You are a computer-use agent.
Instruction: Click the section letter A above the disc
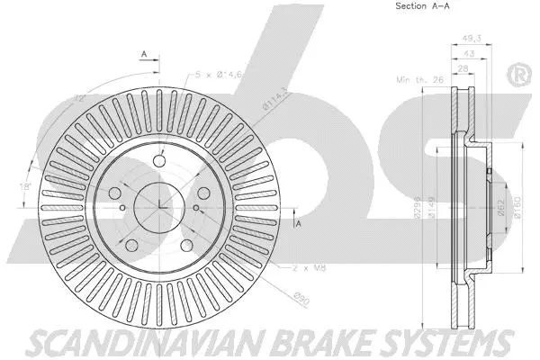coord(144,56)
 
